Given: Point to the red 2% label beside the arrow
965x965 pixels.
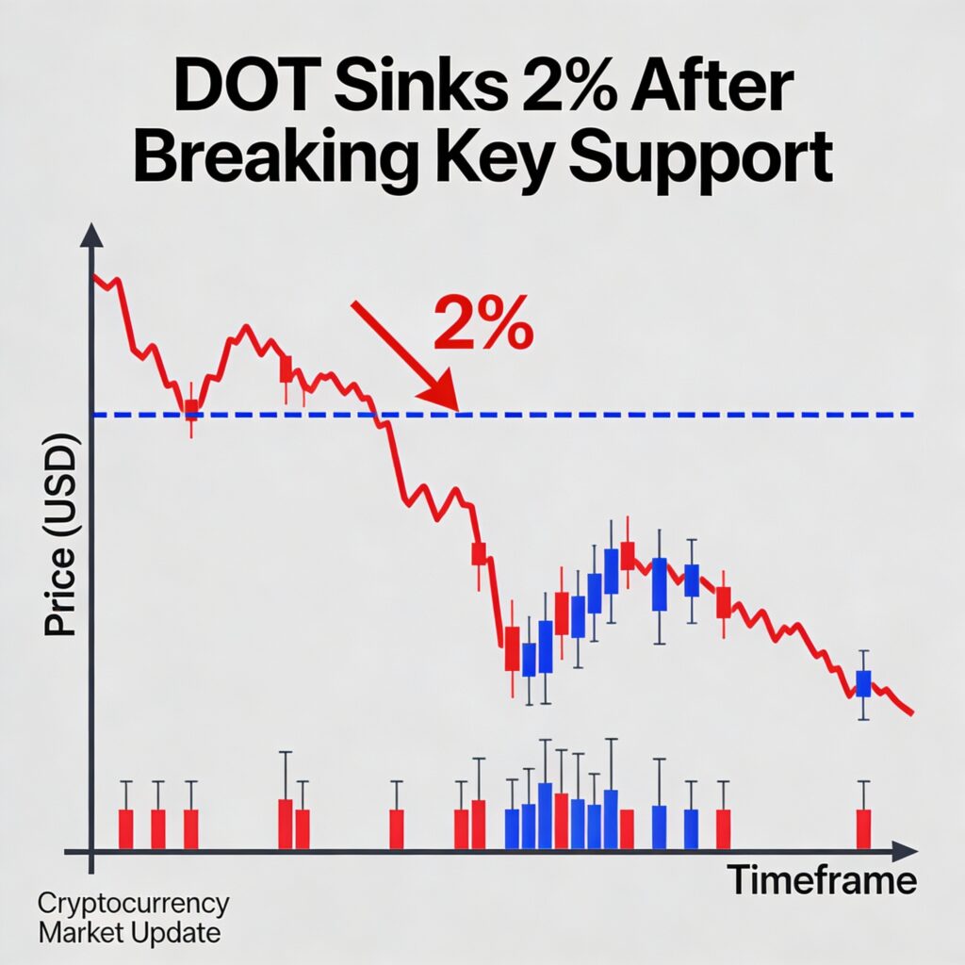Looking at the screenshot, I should click(482, 324).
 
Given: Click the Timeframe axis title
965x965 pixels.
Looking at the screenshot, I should click(823, 880).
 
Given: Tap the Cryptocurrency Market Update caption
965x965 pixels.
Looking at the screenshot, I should click(132, 918).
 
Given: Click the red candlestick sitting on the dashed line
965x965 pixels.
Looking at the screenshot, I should click(191, 409).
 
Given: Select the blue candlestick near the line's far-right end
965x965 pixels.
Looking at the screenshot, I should click(863, 682).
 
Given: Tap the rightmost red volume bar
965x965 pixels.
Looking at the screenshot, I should click(863, 827).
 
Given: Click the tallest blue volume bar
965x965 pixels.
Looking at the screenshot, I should click(544, 814).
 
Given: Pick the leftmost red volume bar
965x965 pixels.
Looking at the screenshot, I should click(125, 827).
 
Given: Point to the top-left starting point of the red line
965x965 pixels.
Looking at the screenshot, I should click(93, 275).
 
